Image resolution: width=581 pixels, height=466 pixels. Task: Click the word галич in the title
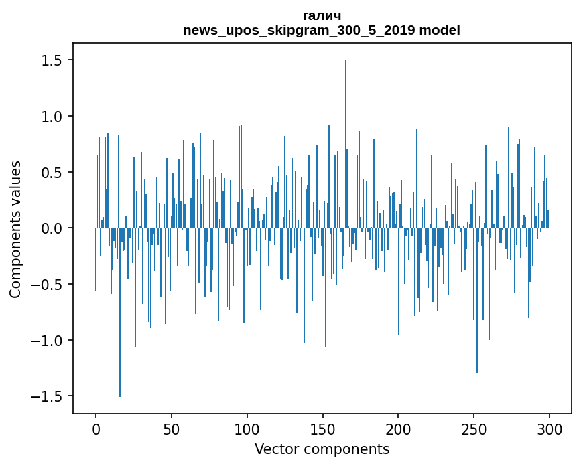(x=322, y=15)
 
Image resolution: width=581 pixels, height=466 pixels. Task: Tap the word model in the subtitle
(x=440, y=30)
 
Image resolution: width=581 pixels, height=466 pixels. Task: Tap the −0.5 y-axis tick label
(x=47, y=285)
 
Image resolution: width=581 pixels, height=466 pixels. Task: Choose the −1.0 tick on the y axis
(x=47, y=340)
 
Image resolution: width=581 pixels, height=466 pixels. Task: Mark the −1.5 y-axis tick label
(x=47, y=396)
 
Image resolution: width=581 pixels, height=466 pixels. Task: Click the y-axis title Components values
(x=15, y=229)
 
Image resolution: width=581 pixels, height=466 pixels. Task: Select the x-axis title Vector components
(x=322, y=449)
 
